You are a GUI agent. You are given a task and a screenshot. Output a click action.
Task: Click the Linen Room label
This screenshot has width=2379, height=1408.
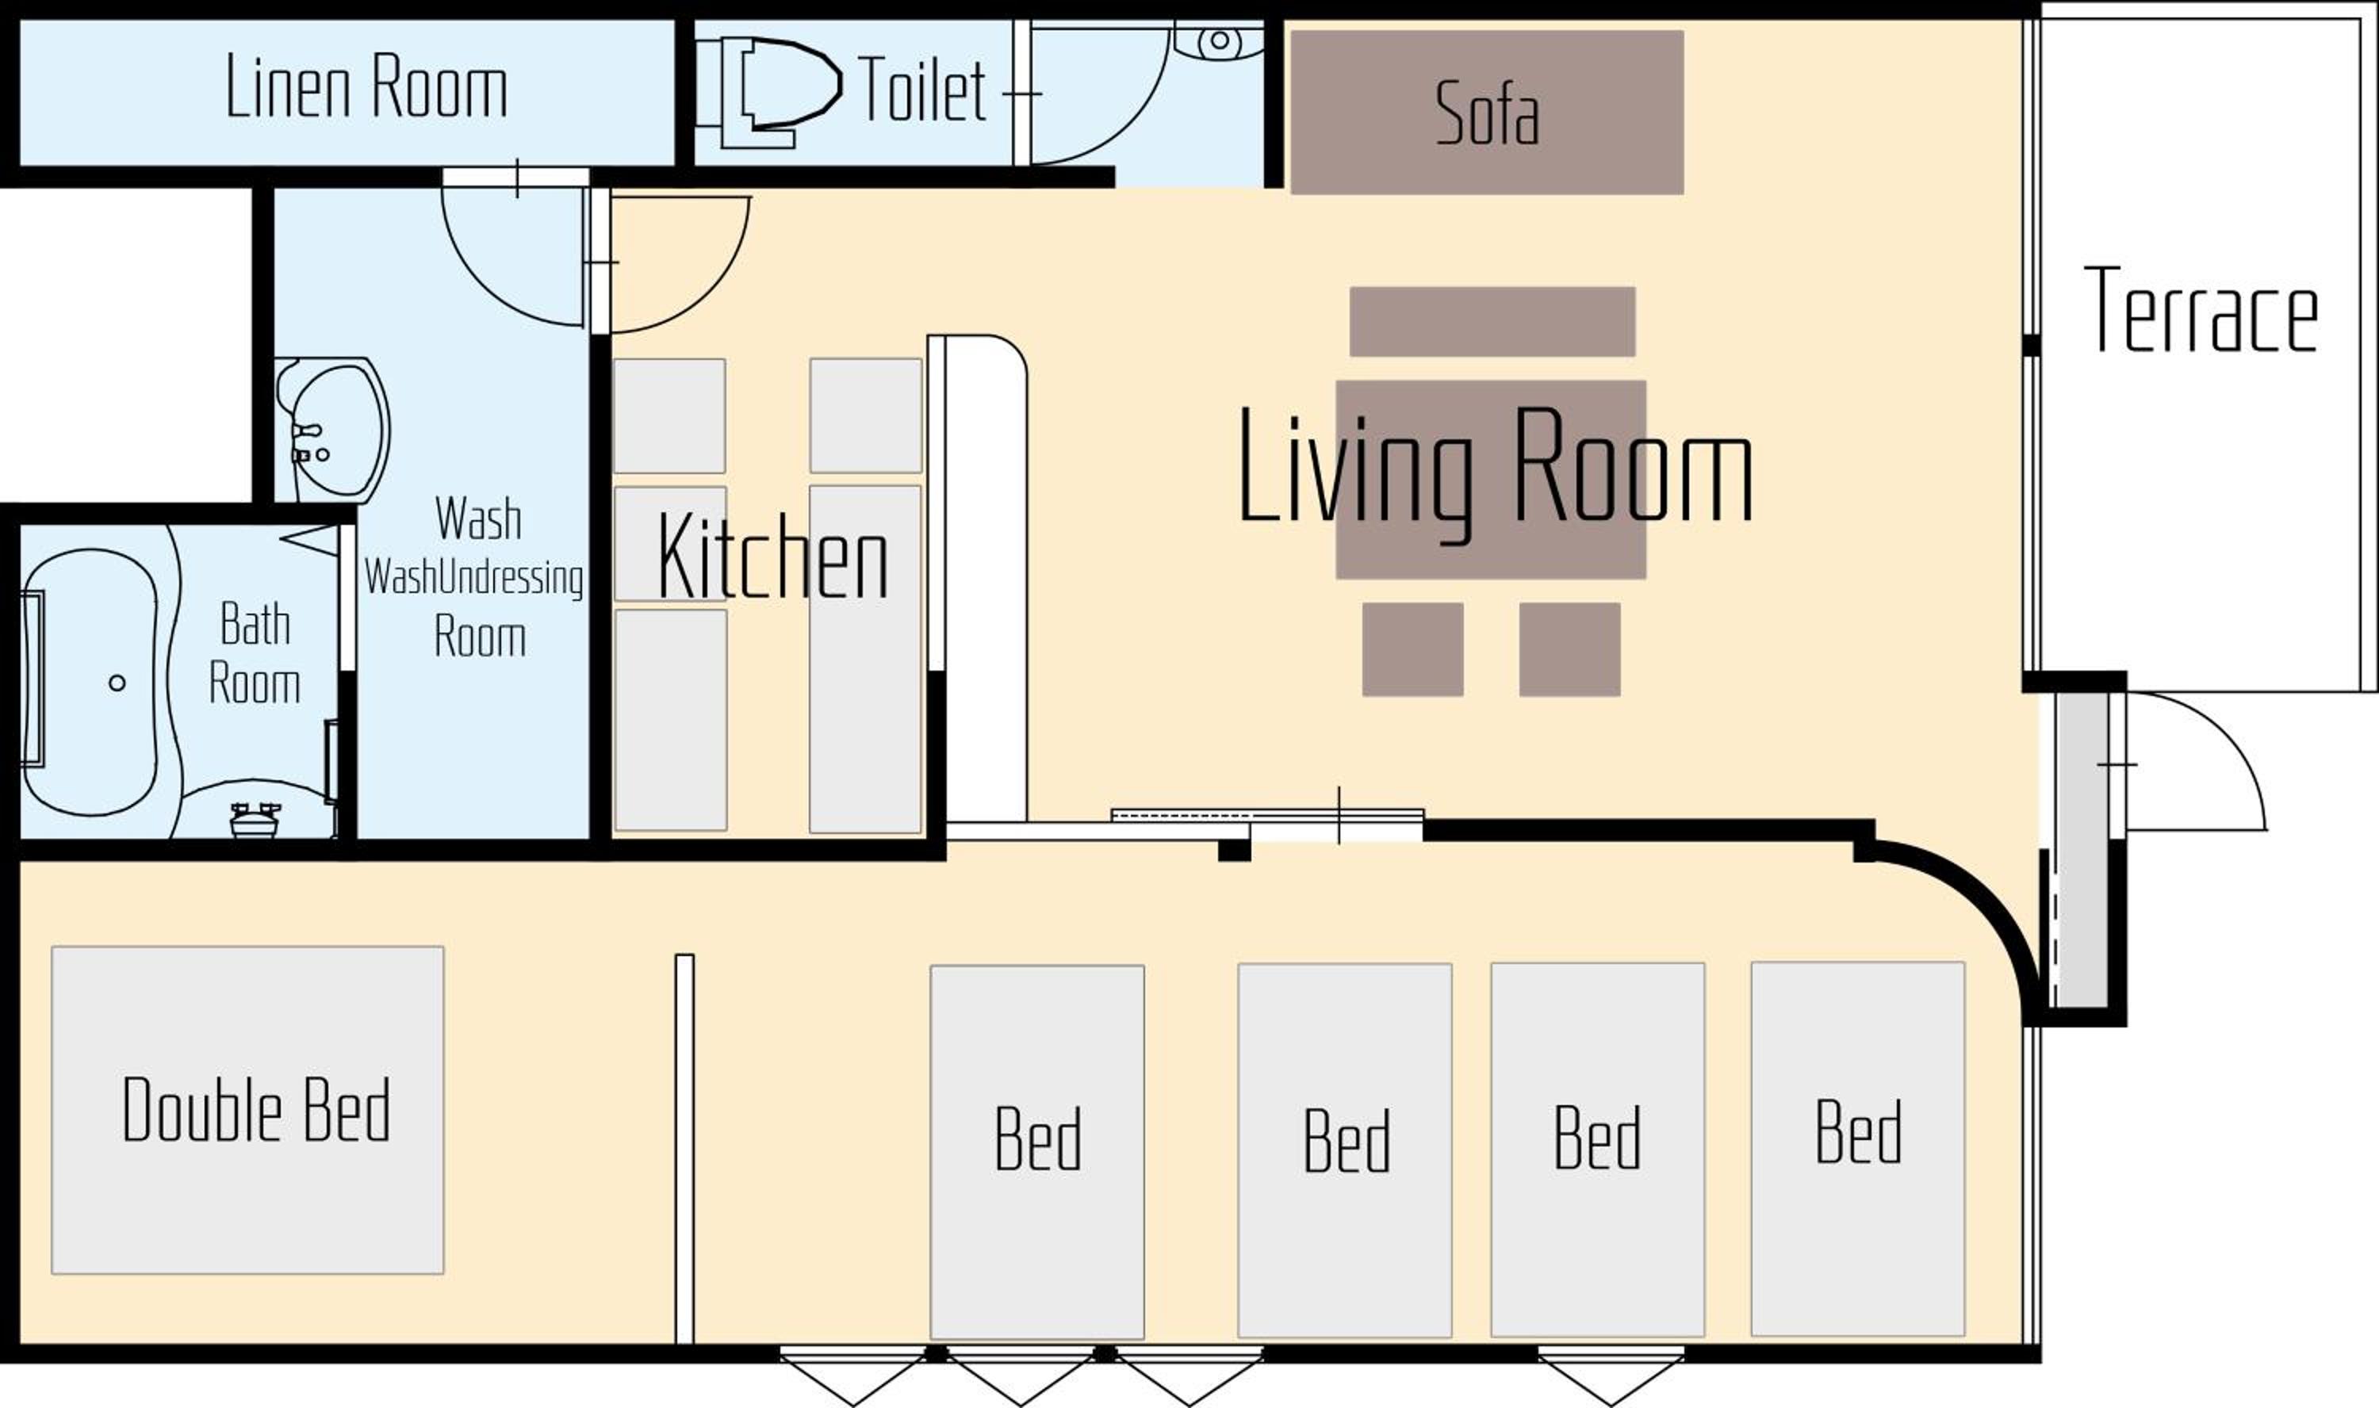pos(366,87)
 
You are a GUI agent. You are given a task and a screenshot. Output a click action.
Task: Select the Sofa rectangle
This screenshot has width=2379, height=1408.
pos(1487,112)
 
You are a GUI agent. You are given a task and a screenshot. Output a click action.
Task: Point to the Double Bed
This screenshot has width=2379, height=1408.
pos(247,1110)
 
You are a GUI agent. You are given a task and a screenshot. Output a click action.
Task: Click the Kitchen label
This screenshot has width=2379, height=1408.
pos(773,556)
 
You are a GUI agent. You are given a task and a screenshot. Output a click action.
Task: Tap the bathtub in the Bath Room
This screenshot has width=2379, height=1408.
pos(90,681)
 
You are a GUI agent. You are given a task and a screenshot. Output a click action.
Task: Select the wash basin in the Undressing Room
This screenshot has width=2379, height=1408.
pos(332,430)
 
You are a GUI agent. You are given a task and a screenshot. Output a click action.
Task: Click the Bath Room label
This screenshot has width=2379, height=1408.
pos(255,654)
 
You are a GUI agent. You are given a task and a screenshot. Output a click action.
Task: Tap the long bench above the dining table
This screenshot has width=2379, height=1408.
pos(1492,322)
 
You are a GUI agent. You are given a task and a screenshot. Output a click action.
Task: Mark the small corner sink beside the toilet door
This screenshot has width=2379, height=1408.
pos(1220,40)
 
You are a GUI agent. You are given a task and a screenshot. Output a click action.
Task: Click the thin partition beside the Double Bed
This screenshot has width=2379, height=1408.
pos(684,1149)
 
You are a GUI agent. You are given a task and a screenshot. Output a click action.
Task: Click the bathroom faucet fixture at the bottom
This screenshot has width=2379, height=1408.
pos(255,820)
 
